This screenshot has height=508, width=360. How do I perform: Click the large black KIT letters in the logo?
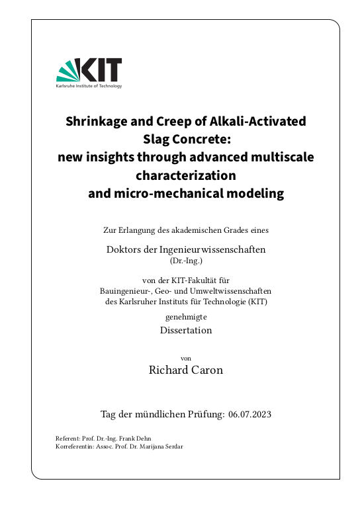[99, 69]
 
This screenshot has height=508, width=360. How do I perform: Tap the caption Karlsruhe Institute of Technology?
[89, 86]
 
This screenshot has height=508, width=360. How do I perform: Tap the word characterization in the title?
[186, 176]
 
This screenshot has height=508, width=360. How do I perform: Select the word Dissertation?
[186, 330]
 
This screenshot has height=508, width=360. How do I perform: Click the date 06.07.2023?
[249, 415]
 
